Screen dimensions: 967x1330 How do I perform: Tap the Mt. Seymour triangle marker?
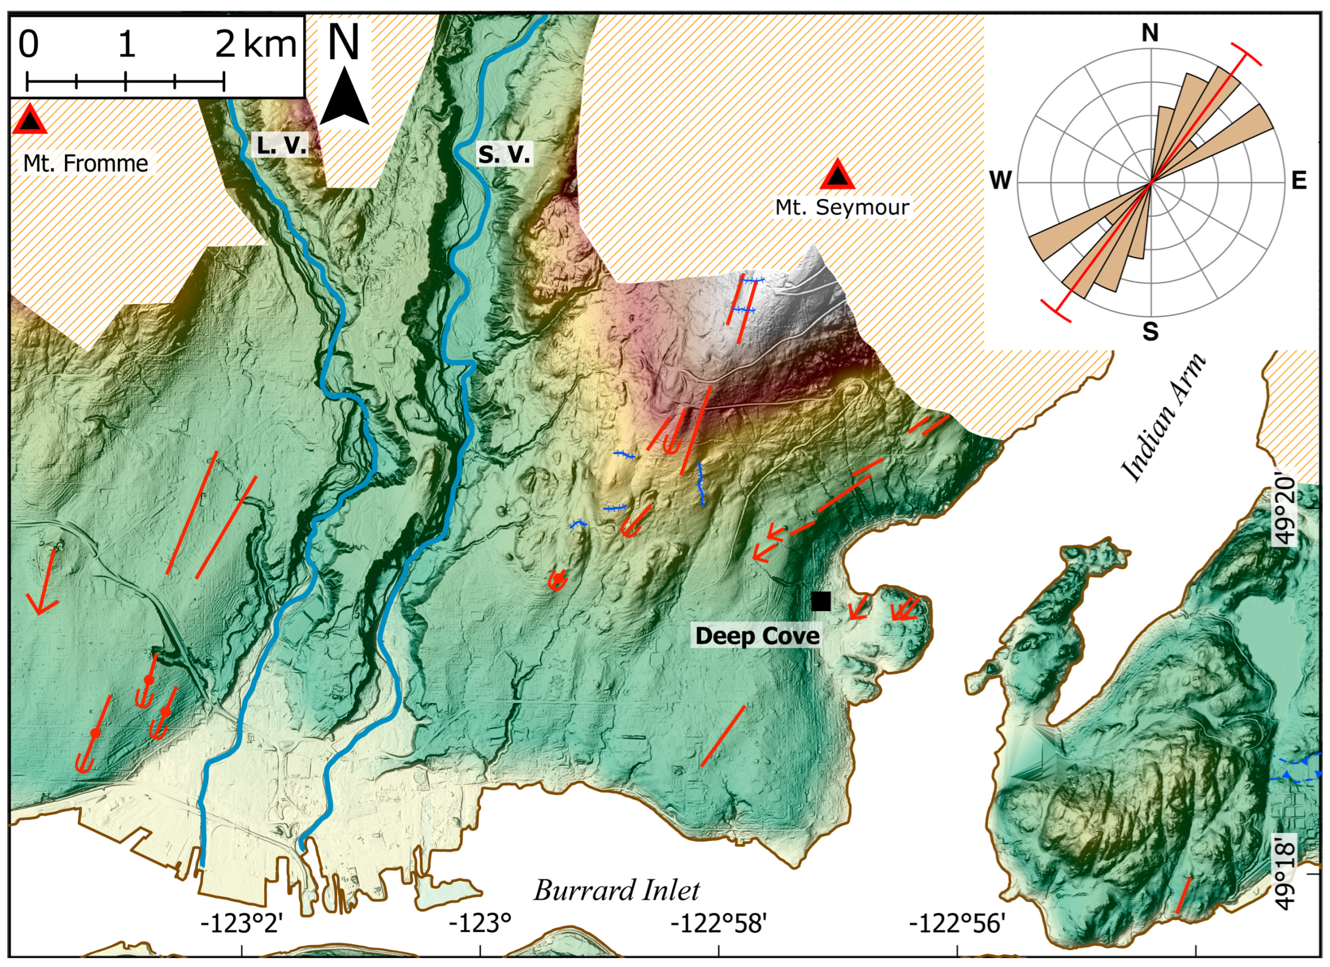[837, 175]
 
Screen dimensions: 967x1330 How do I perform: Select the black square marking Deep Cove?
[821, 601]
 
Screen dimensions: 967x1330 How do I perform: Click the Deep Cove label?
[757, 636]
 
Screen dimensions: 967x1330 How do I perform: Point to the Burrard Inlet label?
[616, 890]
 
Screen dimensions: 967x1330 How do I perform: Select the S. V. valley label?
[504, 154]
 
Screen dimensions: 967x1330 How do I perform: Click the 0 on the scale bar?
[28, 45]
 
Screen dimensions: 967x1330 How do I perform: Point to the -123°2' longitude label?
[242, 924]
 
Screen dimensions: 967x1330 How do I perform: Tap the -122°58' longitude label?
[718, 924]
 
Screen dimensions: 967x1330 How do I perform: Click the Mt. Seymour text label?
[842, 207]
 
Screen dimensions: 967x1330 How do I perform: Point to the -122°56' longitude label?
[957, 924]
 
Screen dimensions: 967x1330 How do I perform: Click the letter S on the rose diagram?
[1150, 332]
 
